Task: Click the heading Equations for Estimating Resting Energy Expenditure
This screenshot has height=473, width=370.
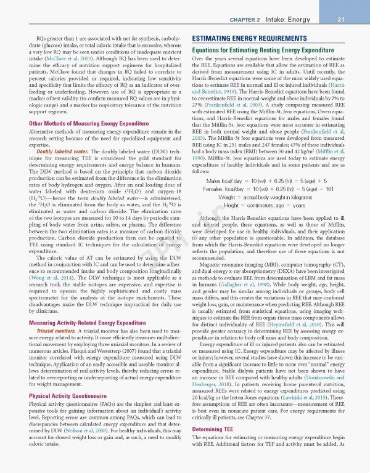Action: click(263, 49)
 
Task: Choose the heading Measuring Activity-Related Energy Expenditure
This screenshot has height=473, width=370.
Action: click(88, 323)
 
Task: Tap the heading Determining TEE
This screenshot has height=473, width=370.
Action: click(215, 446)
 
